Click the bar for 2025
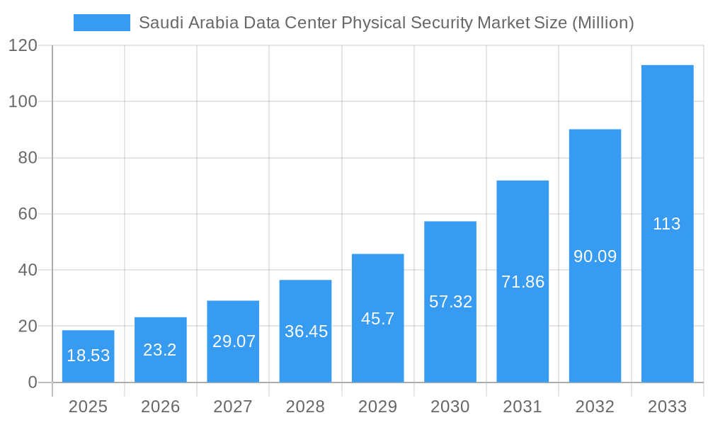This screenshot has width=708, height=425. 88,356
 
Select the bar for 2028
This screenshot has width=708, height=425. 305,331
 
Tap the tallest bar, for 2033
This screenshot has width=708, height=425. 667,224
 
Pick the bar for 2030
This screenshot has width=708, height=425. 450,302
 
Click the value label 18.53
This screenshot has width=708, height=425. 88,356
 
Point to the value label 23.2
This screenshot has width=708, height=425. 160,349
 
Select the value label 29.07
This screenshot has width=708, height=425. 233,341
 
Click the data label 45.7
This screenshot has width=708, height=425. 377,319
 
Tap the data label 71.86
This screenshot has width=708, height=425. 523,282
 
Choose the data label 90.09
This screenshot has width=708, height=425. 595,256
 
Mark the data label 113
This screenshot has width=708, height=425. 667,225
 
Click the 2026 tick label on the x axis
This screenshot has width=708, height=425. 160,407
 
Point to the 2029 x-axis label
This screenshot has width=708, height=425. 377,407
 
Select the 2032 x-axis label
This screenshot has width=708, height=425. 595,407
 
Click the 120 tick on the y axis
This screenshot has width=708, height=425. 23,45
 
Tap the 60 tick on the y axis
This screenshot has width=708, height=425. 28,214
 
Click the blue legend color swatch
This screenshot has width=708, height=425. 102,23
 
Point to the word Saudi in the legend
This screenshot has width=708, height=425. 158,23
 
